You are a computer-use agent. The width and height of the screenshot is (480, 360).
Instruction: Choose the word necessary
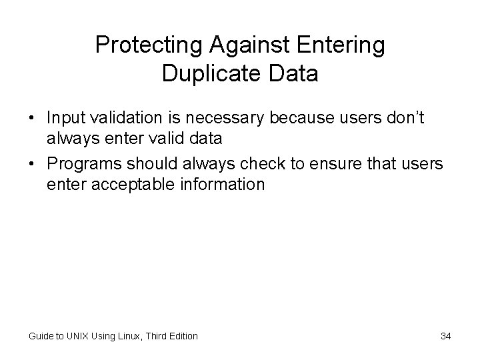215,117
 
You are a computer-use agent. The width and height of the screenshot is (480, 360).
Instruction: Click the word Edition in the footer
183,336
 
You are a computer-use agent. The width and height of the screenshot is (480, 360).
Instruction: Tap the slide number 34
445,336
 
